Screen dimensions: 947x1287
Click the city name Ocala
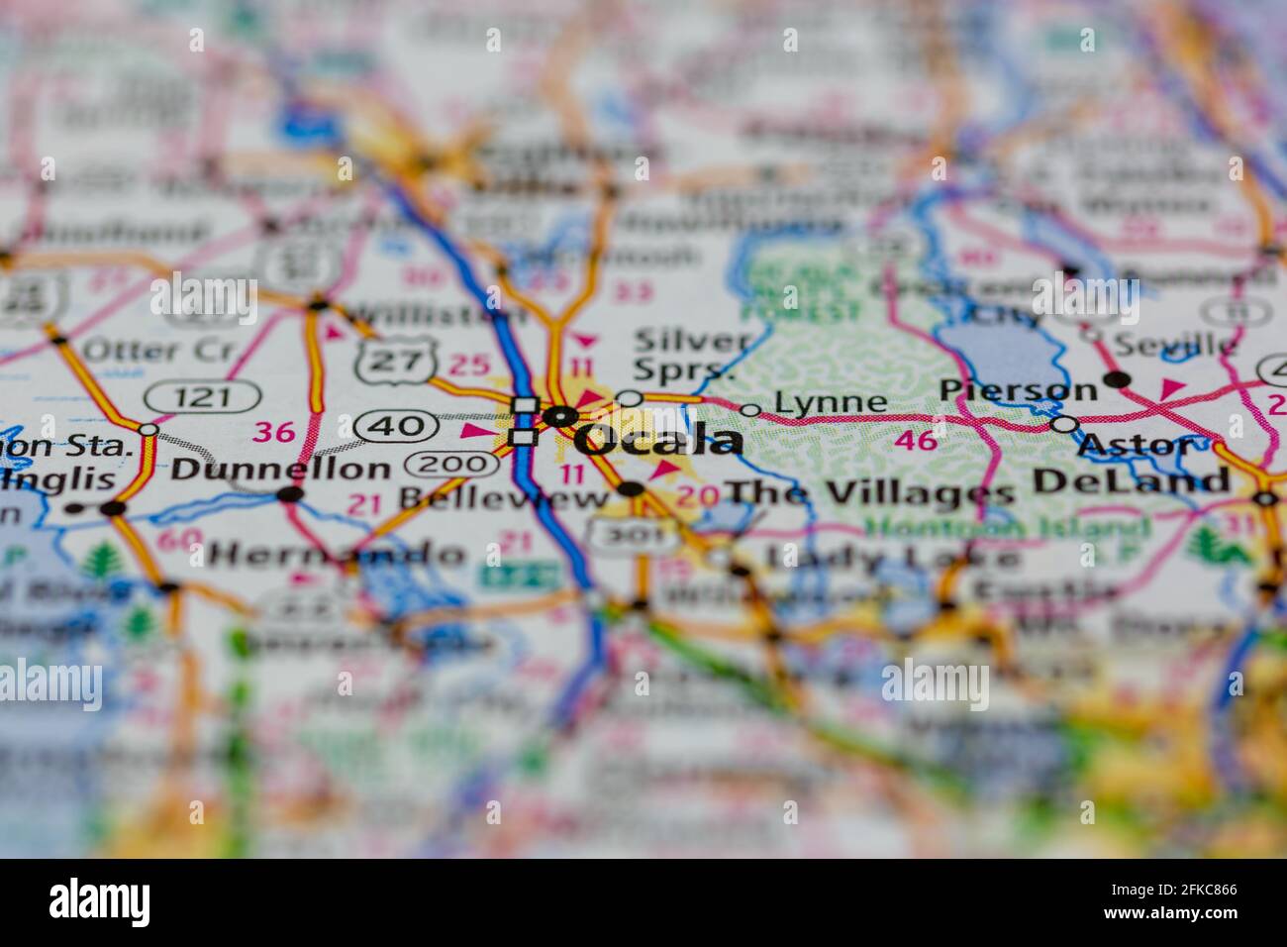pos(659,440)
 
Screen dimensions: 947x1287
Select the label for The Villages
pos(870,492)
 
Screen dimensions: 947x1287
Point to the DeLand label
pos(1131,481)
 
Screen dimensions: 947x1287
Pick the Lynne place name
pos(831,402)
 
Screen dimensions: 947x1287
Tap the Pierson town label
pos(1018,389)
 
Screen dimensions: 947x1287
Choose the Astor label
pos(1137,445)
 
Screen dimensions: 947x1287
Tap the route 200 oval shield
pos(451,463)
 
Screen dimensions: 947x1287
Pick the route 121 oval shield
pos(202,398)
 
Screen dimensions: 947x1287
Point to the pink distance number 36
pos(274,432)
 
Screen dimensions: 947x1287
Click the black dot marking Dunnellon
pos(290,494)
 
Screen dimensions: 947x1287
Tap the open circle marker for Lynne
pos(750,410)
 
